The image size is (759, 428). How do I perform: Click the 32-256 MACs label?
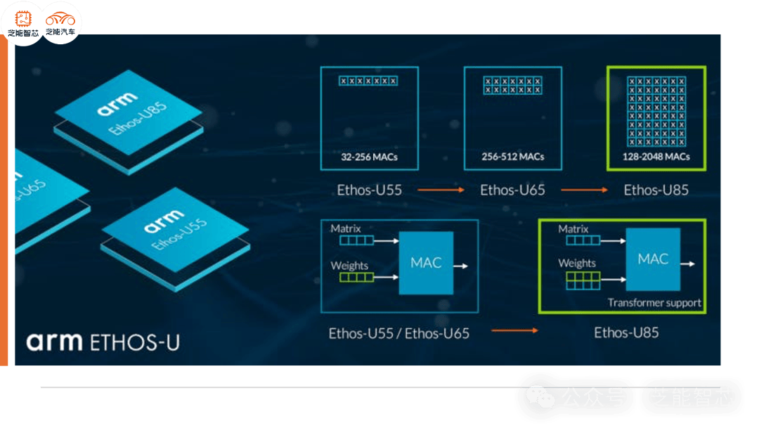click(370, 157)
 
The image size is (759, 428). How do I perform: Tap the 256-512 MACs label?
click(513, 157)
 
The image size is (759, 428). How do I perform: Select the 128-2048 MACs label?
click(656, 157)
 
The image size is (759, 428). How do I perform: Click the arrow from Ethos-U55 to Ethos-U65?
click(441, 190)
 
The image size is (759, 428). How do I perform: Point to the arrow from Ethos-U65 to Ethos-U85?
click(584, 190)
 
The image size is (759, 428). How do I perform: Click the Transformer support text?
click(654, 303)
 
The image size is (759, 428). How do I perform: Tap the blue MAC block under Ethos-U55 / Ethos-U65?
click(426, 263)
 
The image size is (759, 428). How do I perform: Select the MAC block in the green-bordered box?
click(653, 259)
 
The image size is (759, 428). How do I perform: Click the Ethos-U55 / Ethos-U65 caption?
click(398, 332)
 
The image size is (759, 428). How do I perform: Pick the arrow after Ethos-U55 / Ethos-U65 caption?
click(514, 330)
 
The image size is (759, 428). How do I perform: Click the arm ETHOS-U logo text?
click(103, 342)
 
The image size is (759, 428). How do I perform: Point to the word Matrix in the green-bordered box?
click(573, 229)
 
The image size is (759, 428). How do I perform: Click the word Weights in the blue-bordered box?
click(349, 266)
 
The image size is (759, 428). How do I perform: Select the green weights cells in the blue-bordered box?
click(357, 277)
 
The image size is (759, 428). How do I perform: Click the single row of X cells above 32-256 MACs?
click(368, 81)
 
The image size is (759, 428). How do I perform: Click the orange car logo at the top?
click(62, 20)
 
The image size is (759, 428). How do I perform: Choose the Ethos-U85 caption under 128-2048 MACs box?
click(656, 190)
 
